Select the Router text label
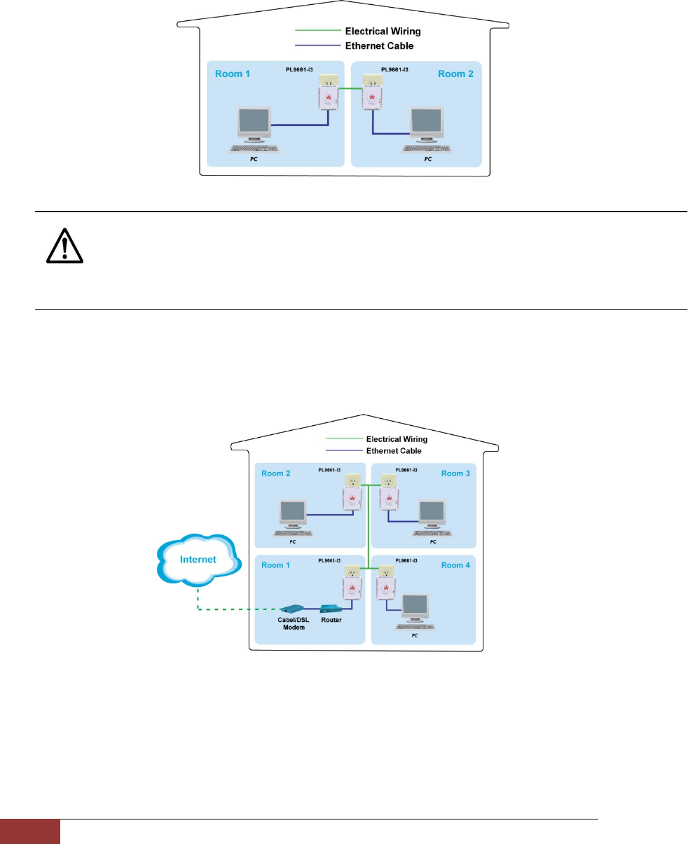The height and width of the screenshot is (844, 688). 331,620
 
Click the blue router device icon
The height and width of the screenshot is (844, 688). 331,609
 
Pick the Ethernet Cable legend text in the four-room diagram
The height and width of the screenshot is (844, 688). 394,451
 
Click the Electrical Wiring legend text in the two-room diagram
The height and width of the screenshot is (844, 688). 383,32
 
